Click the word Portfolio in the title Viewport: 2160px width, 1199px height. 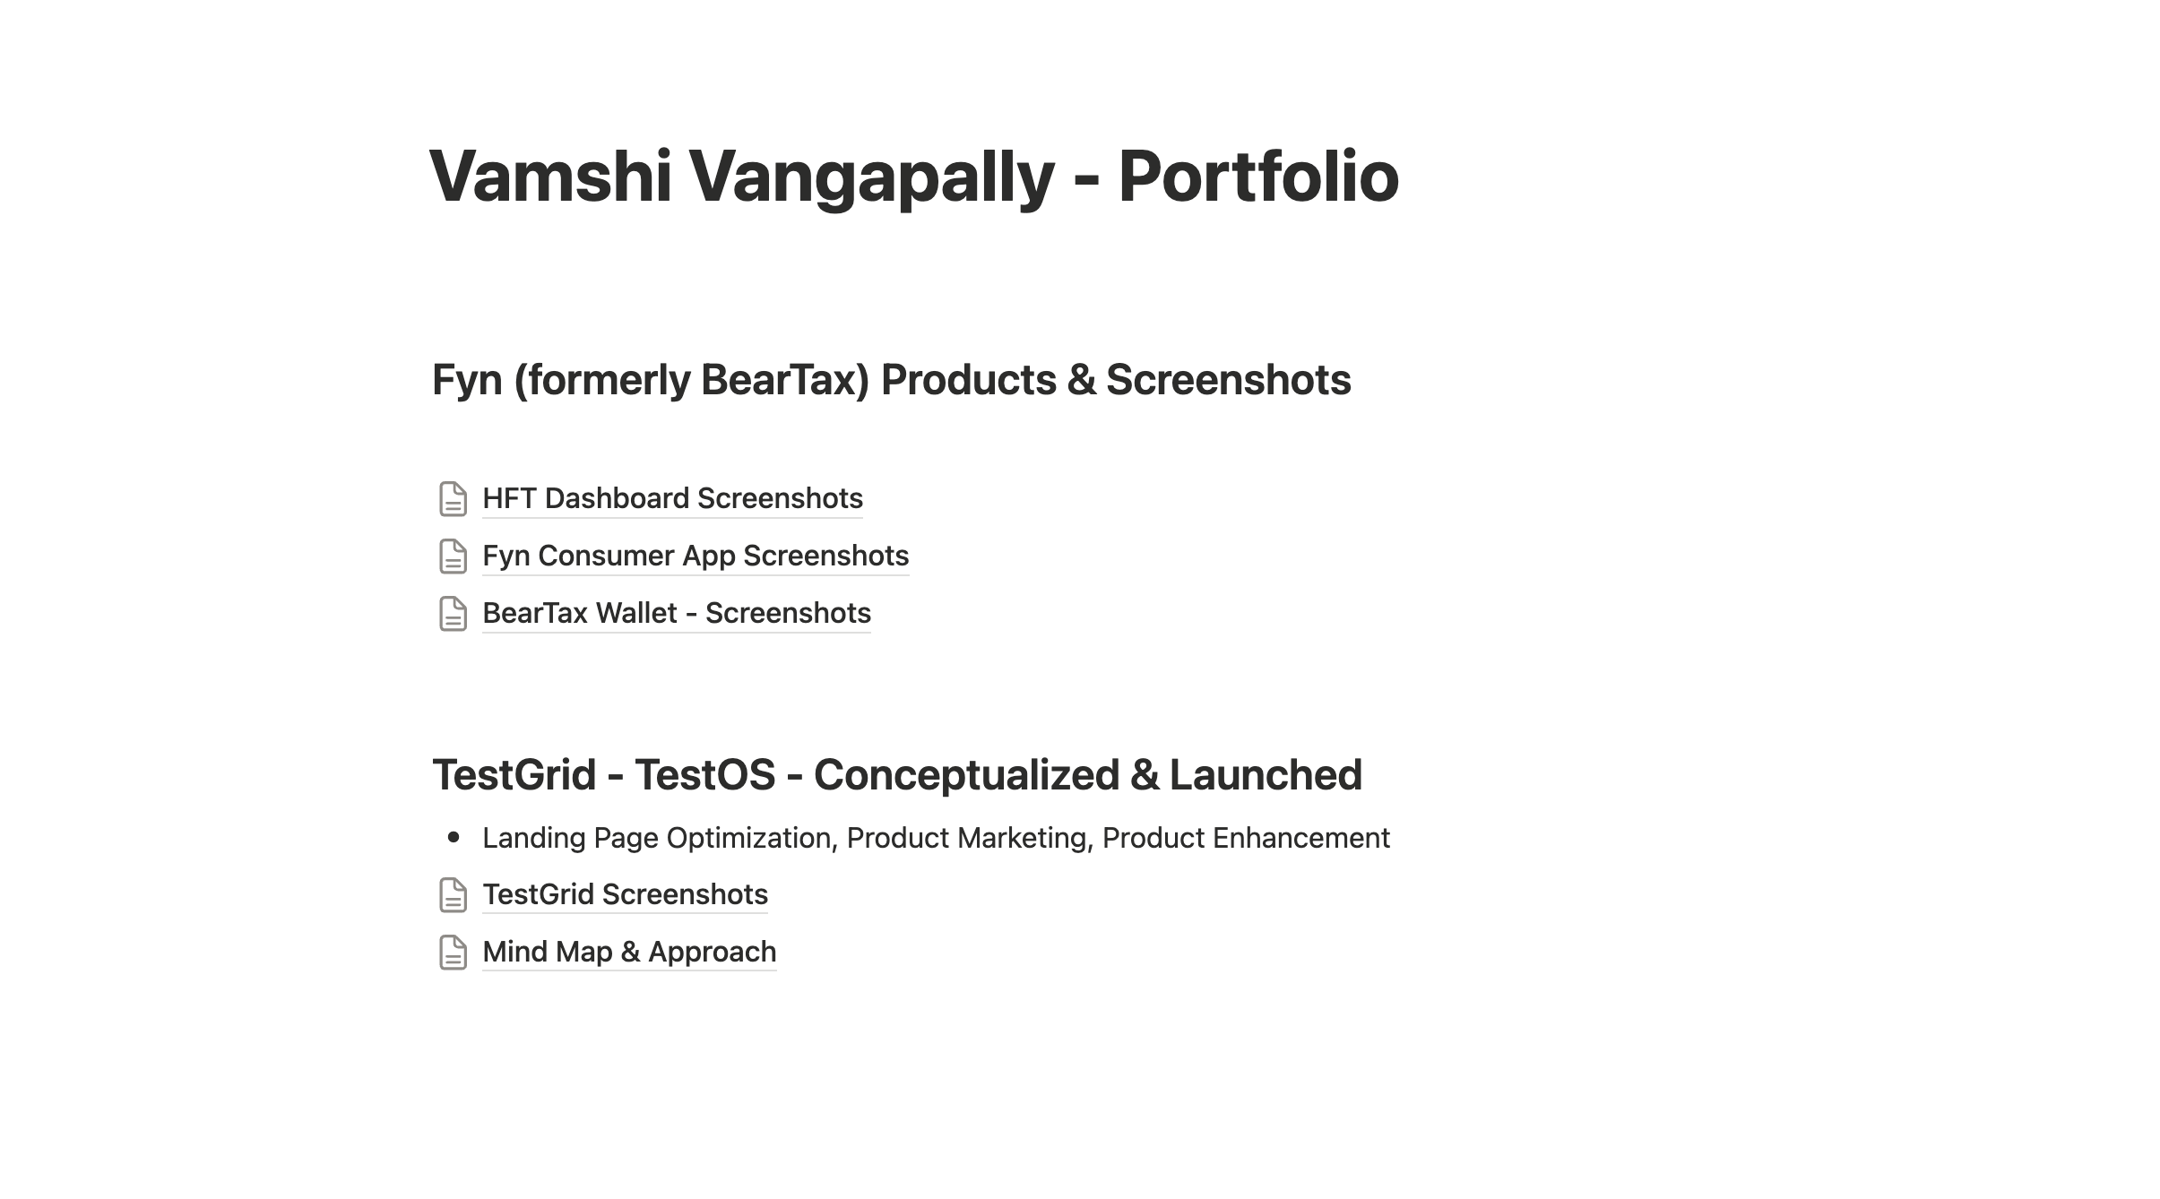point(1257,177)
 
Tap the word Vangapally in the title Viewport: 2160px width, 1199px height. point(871,177)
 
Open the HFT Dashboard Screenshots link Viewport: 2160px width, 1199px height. point(672,498)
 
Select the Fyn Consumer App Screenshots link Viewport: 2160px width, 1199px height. point(696,556)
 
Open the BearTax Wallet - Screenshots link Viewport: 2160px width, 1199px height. point(677,613)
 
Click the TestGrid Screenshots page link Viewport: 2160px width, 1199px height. point(625,894)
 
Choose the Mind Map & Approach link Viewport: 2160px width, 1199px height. point(629,952)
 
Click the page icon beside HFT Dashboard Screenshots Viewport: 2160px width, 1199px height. point(453,499)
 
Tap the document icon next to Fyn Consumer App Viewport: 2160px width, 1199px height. point(453,556)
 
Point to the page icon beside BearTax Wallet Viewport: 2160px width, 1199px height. point(453,614)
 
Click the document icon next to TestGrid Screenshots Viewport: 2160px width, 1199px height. point(453,895)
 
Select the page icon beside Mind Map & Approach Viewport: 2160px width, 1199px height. point(453,953)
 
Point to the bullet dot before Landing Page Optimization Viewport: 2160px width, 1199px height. point(454,838)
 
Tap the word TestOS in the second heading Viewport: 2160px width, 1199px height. point(704,775)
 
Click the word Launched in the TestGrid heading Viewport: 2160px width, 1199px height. point(1266,775)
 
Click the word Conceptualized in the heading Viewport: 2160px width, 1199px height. point(966,775)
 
